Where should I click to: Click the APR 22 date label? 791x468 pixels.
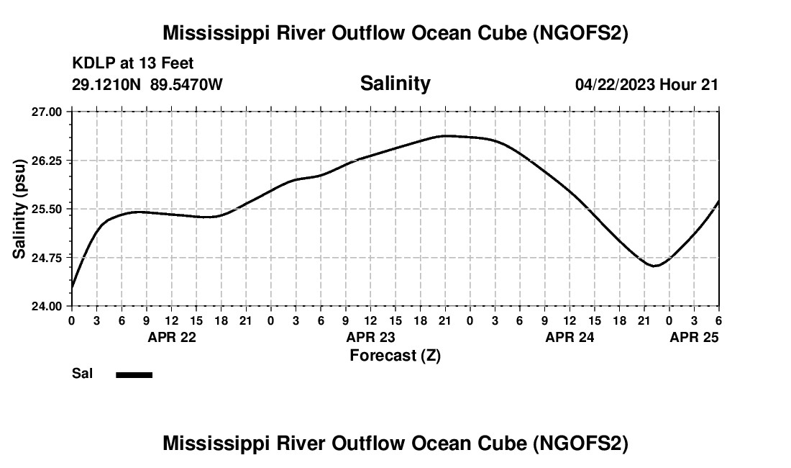[171, 337]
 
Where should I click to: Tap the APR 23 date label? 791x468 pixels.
[371, 337]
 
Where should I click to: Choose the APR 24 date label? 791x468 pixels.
[570, 337]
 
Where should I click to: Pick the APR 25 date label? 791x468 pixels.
[695, 337]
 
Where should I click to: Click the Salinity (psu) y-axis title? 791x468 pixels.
[20, 209]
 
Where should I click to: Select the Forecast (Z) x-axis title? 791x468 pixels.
[395, 356]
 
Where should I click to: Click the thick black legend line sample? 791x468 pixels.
[134, 374]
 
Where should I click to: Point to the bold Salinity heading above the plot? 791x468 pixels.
[395, 84]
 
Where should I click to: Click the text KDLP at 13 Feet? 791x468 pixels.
[133, 64]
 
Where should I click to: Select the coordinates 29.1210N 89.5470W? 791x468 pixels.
[147, 84]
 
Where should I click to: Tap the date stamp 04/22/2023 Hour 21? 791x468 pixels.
[646, 84]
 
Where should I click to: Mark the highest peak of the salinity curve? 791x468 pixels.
[446, 135]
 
